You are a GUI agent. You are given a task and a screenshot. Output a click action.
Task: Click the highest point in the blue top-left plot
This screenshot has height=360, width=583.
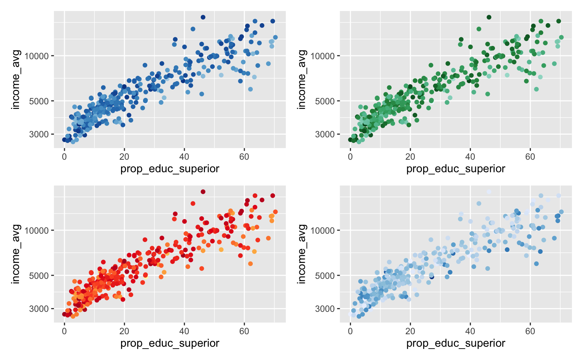coord(203,17)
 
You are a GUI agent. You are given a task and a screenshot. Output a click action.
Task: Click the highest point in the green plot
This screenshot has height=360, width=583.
coord(489,17)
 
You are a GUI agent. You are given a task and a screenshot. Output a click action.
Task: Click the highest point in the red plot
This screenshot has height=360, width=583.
coord(203,192)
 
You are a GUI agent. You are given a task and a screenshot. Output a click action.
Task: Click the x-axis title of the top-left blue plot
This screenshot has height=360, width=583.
coord(170,169)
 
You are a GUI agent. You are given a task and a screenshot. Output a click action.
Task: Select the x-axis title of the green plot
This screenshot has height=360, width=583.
coord(455,169)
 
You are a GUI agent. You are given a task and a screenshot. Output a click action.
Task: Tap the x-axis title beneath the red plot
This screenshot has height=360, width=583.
coord(170,343)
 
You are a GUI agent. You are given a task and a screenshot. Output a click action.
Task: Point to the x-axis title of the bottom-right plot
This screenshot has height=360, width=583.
coord(455,343)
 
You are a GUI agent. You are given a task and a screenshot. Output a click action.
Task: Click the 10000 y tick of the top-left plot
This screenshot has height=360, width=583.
coord(37,56)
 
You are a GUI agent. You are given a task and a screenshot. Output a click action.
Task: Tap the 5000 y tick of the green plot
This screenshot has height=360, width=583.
coord(325,101)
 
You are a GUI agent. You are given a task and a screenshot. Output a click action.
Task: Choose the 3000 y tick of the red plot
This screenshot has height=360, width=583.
coord(39,309)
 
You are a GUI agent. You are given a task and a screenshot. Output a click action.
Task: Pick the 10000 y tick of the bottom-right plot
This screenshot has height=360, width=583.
coord(323,231)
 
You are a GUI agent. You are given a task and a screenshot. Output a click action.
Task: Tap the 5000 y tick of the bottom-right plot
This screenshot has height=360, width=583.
coord(325,275)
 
